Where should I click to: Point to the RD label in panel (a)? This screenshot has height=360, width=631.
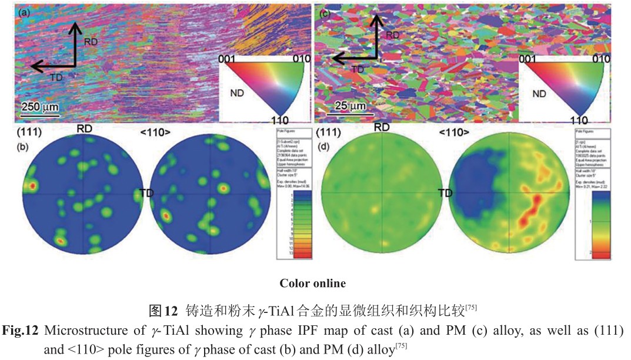click(91, 42)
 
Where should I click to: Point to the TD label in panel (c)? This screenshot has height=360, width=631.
click(358, 69)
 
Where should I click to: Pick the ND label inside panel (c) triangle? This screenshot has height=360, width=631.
click(539, 93)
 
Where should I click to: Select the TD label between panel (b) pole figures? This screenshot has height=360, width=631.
click(148, 192)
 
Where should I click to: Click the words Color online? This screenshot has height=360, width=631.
click(312, 284)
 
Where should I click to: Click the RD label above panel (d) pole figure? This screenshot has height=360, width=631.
click(382, 127)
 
